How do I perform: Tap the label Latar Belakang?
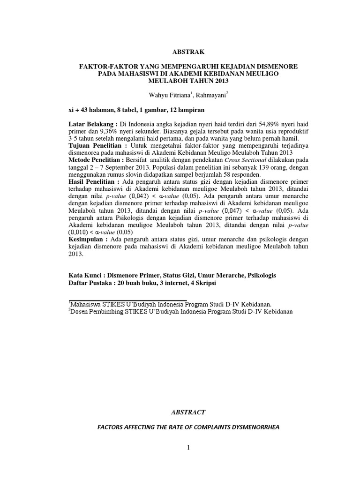click(91, 123)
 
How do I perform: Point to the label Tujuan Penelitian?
click(96, 146)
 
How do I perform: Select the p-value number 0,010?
click(77, 232)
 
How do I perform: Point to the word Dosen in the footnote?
click(80, 311)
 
